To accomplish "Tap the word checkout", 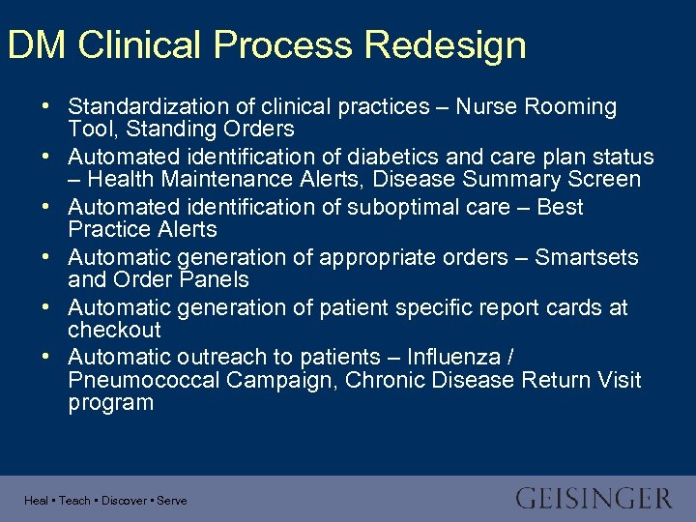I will [114, 330].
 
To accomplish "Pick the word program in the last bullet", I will [110, 402].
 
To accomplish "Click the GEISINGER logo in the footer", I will [594, 499].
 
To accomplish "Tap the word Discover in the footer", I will [124, 501].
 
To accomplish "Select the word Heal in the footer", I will [36, 501].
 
